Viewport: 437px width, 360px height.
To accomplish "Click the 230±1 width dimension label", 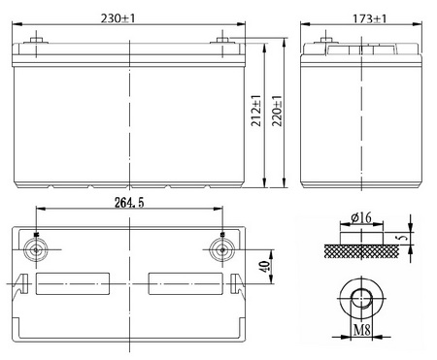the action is click(118, 18).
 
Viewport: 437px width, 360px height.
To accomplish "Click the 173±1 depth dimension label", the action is click(370, 18).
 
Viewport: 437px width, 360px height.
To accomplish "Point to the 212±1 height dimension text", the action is click(256, 111).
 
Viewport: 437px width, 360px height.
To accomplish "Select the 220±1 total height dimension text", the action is click(277, 111).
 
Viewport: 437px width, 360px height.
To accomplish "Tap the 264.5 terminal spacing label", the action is click(129, 203).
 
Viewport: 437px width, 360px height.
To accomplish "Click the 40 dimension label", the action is click(265, 267).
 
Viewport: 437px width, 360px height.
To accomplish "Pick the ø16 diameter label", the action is click(361, 217).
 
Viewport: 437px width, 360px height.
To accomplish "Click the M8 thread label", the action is click(361, 330).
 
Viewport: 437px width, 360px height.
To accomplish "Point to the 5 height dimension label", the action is click(402, 238).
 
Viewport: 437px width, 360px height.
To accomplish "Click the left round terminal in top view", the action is click(36, 249).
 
